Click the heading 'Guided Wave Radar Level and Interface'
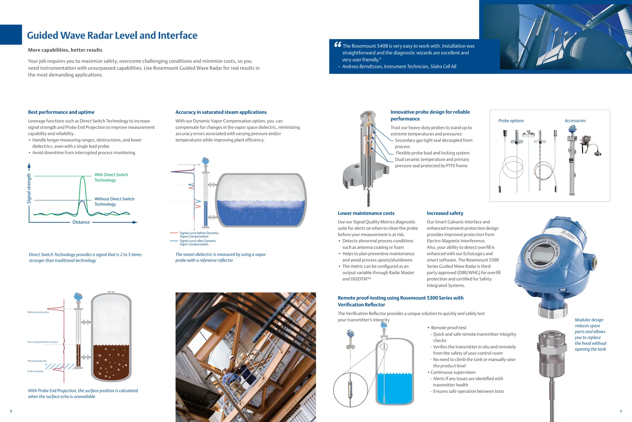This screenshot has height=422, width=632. (112, 36)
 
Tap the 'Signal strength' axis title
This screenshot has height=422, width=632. (29, 188)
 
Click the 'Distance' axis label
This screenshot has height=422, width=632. (81, 222)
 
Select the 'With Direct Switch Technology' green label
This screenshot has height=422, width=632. (111, 177)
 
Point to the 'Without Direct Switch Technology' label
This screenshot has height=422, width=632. (114, 202)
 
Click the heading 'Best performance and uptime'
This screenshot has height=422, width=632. (61, 112)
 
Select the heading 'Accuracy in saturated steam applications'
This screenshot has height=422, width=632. (221, 112)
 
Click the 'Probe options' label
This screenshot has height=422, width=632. (511, 121)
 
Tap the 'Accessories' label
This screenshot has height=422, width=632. (575, 121)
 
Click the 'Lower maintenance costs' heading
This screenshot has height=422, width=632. (366, 213)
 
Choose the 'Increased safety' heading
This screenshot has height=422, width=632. (445, 213)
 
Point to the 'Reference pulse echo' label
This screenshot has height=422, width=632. (38, 312)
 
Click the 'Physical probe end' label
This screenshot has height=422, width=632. (37, 361)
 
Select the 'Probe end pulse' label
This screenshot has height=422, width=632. (36, 371)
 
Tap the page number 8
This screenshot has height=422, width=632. (11, 411)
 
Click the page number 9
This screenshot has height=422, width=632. (621, 411)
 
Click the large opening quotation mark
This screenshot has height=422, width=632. (338, 45)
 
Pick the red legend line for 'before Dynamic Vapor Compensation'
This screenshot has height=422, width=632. (174, 233)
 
